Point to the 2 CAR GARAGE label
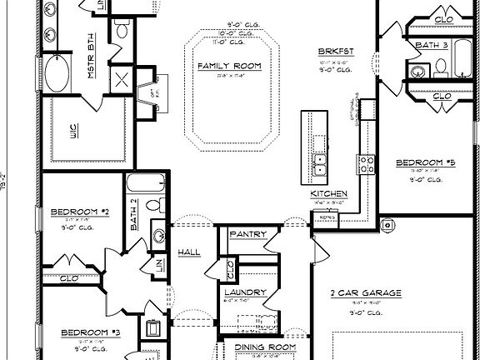tap(366, 292)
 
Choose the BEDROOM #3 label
tap(91, 332)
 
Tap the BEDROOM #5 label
tap(424, 162)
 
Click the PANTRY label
tap(247, 234)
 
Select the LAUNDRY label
tap(245, 292)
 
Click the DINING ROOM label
tap(265, 347)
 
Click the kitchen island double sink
tap(318, 164)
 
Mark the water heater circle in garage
tap(387, 225)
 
